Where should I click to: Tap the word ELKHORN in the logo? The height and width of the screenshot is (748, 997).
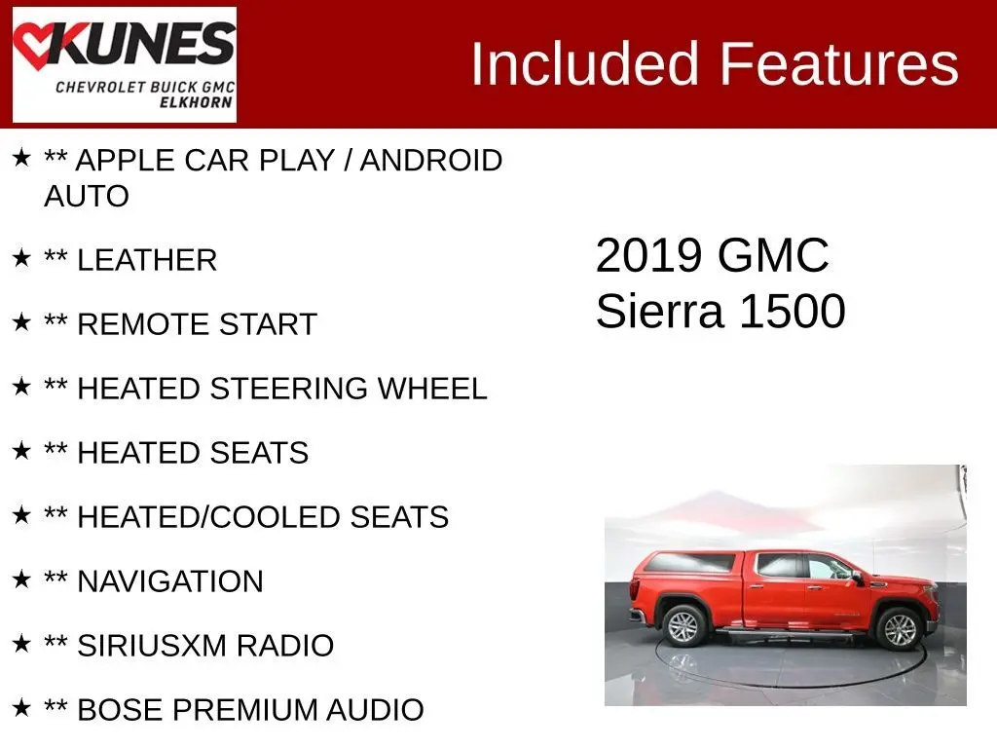click(196, 101)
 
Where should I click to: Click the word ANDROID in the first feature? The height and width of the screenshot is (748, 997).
click(431, 161)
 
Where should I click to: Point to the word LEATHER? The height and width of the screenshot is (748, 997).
click(147, 260)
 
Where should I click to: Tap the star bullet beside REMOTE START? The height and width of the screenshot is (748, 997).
click(21, 321)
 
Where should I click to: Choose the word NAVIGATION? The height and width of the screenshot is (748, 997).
click(169, 581)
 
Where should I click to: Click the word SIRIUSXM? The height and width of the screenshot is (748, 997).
click(152, 646)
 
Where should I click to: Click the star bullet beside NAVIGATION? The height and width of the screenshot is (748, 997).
click(21, 579)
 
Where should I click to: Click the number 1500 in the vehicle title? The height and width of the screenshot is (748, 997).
click(793, 312)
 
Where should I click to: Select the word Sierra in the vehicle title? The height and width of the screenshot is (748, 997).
click(659, 312)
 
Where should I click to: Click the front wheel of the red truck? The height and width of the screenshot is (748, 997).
click(899, 628)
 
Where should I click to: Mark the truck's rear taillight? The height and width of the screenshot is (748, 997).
click(634, 589)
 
